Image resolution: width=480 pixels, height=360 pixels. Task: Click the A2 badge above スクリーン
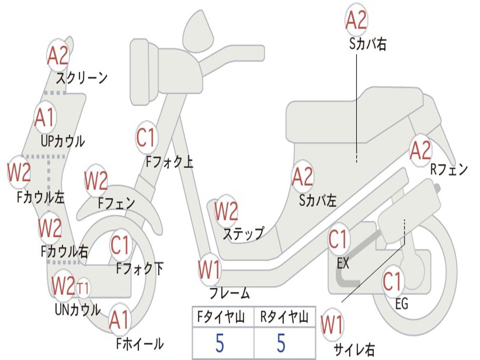pos(58,55)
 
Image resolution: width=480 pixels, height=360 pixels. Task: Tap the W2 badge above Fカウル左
pos(19,172)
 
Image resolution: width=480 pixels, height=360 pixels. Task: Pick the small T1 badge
pos(83,287)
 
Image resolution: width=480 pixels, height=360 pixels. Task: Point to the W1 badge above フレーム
pos(209,270)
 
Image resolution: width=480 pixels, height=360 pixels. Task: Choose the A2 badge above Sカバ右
pos(356,20)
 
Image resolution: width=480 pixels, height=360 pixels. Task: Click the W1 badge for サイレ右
pos(332,325)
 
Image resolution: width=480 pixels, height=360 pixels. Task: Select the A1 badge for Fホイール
pos(119,321)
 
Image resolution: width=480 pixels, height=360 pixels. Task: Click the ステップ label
pos(243,233)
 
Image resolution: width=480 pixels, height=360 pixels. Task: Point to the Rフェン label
pos(449,170)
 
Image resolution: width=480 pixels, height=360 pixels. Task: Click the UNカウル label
pos(77,309)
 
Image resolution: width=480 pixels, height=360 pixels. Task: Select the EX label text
pos(343,263)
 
